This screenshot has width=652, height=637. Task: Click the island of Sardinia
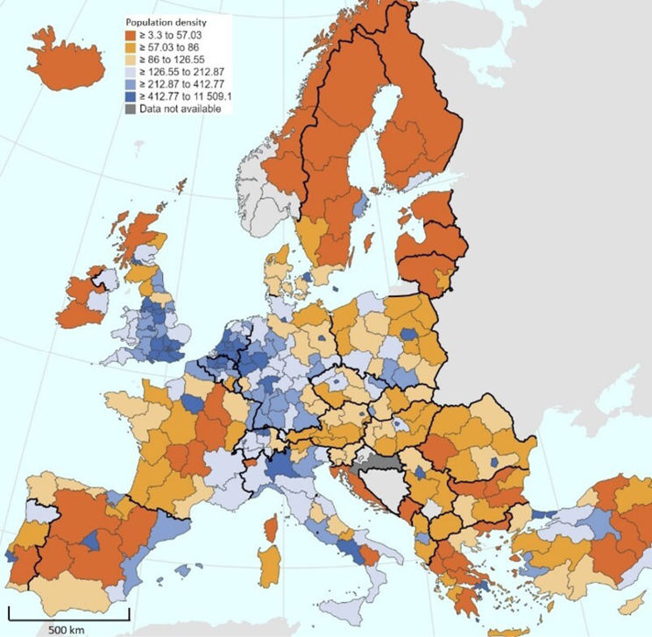268,566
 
